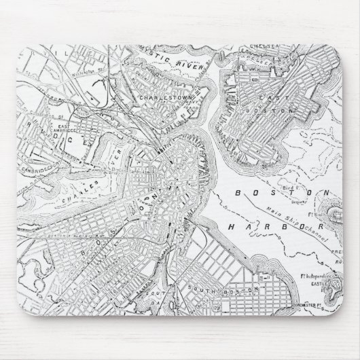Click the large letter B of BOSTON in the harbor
(236, 193)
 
